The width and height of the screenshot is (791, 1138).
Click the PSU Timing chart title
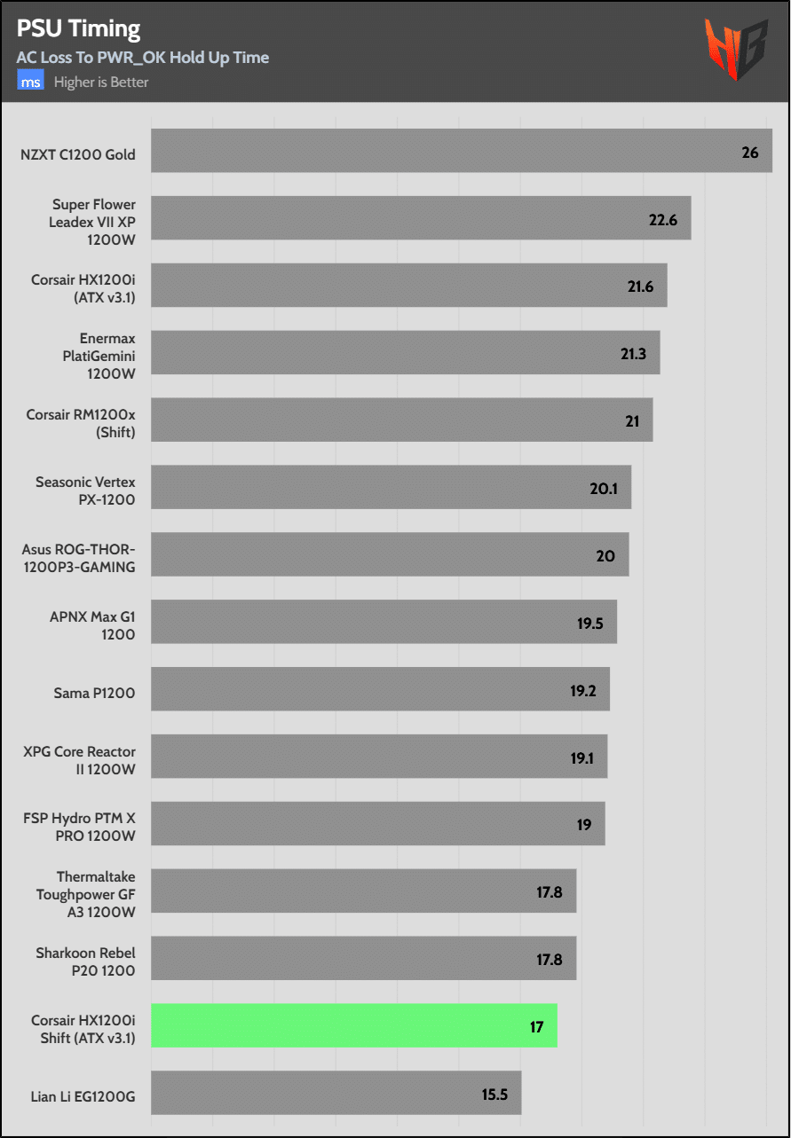coord(79,29)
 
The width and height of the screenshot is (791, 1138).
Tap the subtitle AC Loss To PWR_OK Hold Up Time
coord(143,58)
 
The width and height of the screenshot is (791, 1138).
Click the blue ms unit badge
coord(30,82)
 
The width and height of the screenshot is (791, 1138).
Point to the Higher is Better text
coord(101,82)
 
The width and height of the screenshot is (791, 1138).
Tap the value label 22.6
coord(663,220)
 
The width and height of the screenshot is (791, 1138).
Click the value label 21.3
coord(633,354)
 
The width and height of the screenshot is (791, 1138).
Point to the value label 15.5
coord(494,1094)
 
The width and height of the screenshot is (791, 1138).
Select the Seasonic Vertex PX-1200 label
coord(85,491)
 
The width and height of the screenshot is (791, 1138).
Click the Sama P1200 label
coord(94,693)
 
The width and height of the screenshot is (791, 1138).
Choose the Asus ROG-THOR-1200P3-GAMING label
coord(79,558)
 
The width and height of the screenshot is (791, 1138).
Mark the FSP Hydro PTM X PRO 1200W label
coord(80,827)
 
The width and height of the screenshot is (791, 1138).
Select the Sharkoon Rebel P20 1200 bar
coord(363,958)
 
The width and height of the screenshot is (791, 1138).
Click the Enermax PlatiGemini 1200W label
coord(92,355)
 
